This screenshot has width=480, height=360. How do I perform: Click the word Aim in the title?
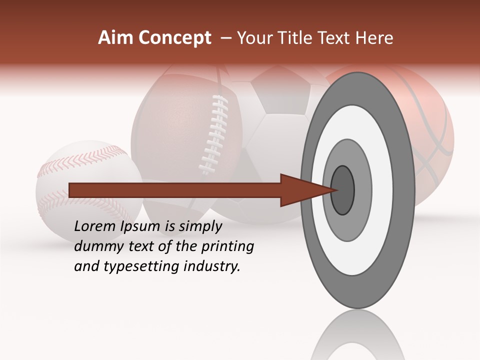tap(116, 38)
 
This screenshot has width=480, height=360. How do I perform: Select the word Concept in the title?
tap(174, 38)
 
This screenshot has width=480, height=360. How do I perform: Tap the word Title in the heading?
tap(296, 38)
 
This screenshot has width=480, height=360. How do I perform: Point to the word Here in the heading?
tap(374, 38)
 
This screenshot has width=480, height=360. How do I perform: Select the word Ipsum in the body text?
tap(141, 226)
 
